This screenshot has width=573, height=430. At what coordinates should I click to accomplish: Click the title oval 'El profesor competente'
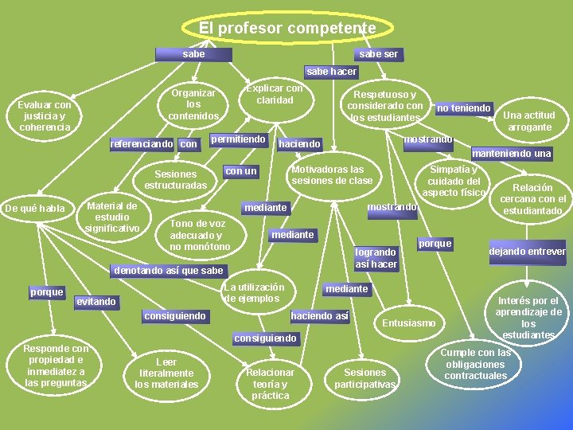pos(286,28)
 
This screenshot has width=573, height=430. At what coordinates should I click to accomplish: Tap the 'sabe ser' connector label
pos(378,54)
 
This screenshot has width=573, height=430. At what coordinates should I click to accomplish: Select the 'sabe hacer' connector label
pos(332,72)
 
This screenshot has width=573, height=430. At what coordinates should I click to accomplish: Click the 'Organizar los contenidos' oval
pos(193,104)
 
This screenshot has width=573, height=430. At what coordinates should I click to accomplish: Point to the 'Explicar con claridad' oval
pos(275,95)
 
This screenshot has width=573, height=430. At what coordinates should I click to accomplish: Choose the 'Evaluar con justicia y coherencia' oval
pos(45,116)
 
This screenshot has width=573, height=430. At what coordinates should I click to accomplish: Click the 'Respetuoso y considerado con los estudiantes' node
pos(385,106)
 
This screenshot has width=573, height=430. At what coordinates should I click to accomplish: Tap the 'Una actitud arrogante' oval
pos(529,121)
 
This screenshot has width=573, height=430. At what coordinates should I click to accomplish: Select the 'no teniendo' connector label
pos(464,108)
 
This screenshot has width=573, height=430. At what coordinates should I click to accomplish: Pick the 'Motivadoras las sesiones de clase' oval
pos(332,175)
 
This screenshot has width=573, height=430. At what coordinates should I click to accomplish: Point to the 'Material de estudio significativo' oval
pos(112,217)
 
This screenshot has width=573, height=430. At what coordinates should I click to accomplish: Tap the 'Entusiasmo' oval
pos(409,323)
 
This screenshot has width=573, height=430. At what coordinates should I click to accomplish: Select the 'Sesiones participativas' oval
pos(364,379)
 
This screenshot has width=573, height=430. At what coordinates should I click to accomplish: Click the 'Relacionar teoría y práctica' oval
pos(271,384)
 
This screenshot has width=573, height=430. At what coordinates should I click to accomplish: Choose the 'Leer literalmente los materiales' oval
pos(166,373)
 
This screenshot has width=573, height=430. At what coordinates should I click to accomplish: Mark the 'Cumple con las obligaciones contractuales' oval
pos(476,365)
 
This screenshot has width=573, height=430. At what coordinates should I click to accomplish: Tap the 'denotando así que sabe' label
pos(169,271)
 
